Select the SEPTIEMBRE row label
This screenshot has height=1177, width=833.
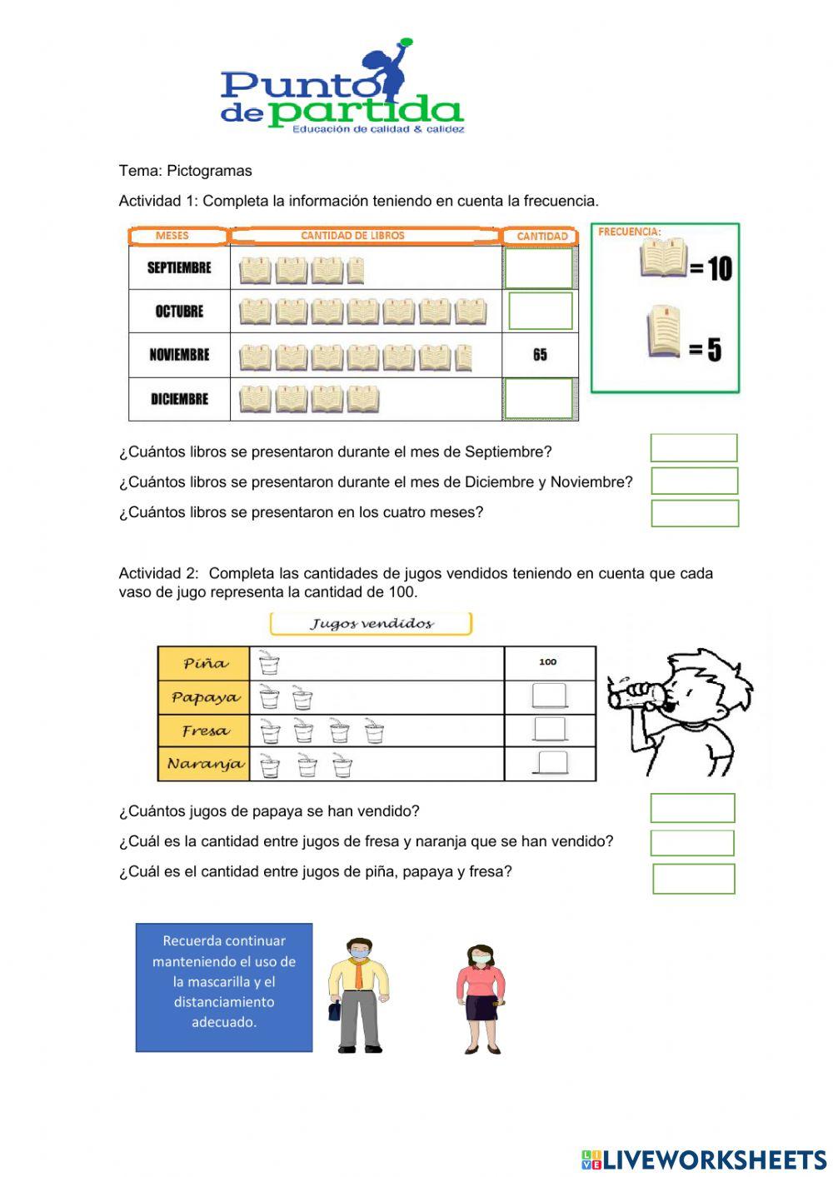(179, 268)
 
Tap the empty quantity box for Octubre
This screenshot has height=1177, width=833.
(540, 311)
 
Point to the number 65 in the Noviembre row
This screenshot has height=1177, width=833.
(540, 355)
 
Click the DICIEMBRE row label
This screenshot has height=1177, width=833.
(179, 399)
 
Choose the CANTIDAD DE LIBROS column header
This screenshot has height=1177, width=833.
(352, 236)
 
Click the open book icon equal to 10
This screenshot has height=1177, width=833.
(664, 258)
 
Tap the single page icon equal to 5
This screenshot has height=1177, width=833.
(663, 332)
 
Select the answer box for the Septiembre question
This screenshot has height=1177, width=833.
(693, 448)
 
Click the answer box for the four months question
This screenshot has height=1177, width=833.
(694, 513)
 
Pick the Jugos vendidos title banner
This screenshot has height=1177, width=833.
(371, 624)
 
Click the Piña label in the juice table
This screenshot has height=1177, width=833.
(205, 664)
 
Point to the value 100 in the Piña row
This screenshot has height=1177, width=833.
(547, 662)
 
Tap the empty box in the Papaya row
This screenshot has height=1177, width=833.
(550, 696)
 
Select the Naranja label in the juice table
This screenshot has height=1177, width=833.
(205, 764)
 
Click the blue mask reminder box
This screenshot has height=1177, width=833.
(224, 987)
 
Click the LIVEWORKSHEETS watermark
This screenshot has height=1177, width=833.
(704, 1160)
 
